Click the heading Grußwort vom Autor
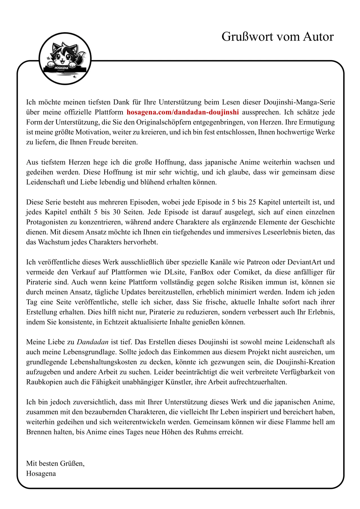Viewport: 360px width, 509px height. click(x=277, y=37)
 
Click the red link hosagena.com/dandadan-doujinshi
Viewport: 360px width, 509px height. click(x=183, y=112)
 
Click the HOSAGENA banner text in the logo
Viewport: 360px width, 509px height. click(x=61, y=68)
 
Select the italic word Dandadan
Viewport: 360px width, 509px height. click(x=93, y=342)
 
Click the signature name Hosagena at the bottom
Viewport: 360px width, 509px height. click(x=41, y=474)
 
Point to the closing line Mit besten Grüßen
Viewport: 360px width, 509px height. click(x=55, y=463)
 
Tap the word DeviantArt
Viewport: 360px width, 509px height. click(x=304, y=262)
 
